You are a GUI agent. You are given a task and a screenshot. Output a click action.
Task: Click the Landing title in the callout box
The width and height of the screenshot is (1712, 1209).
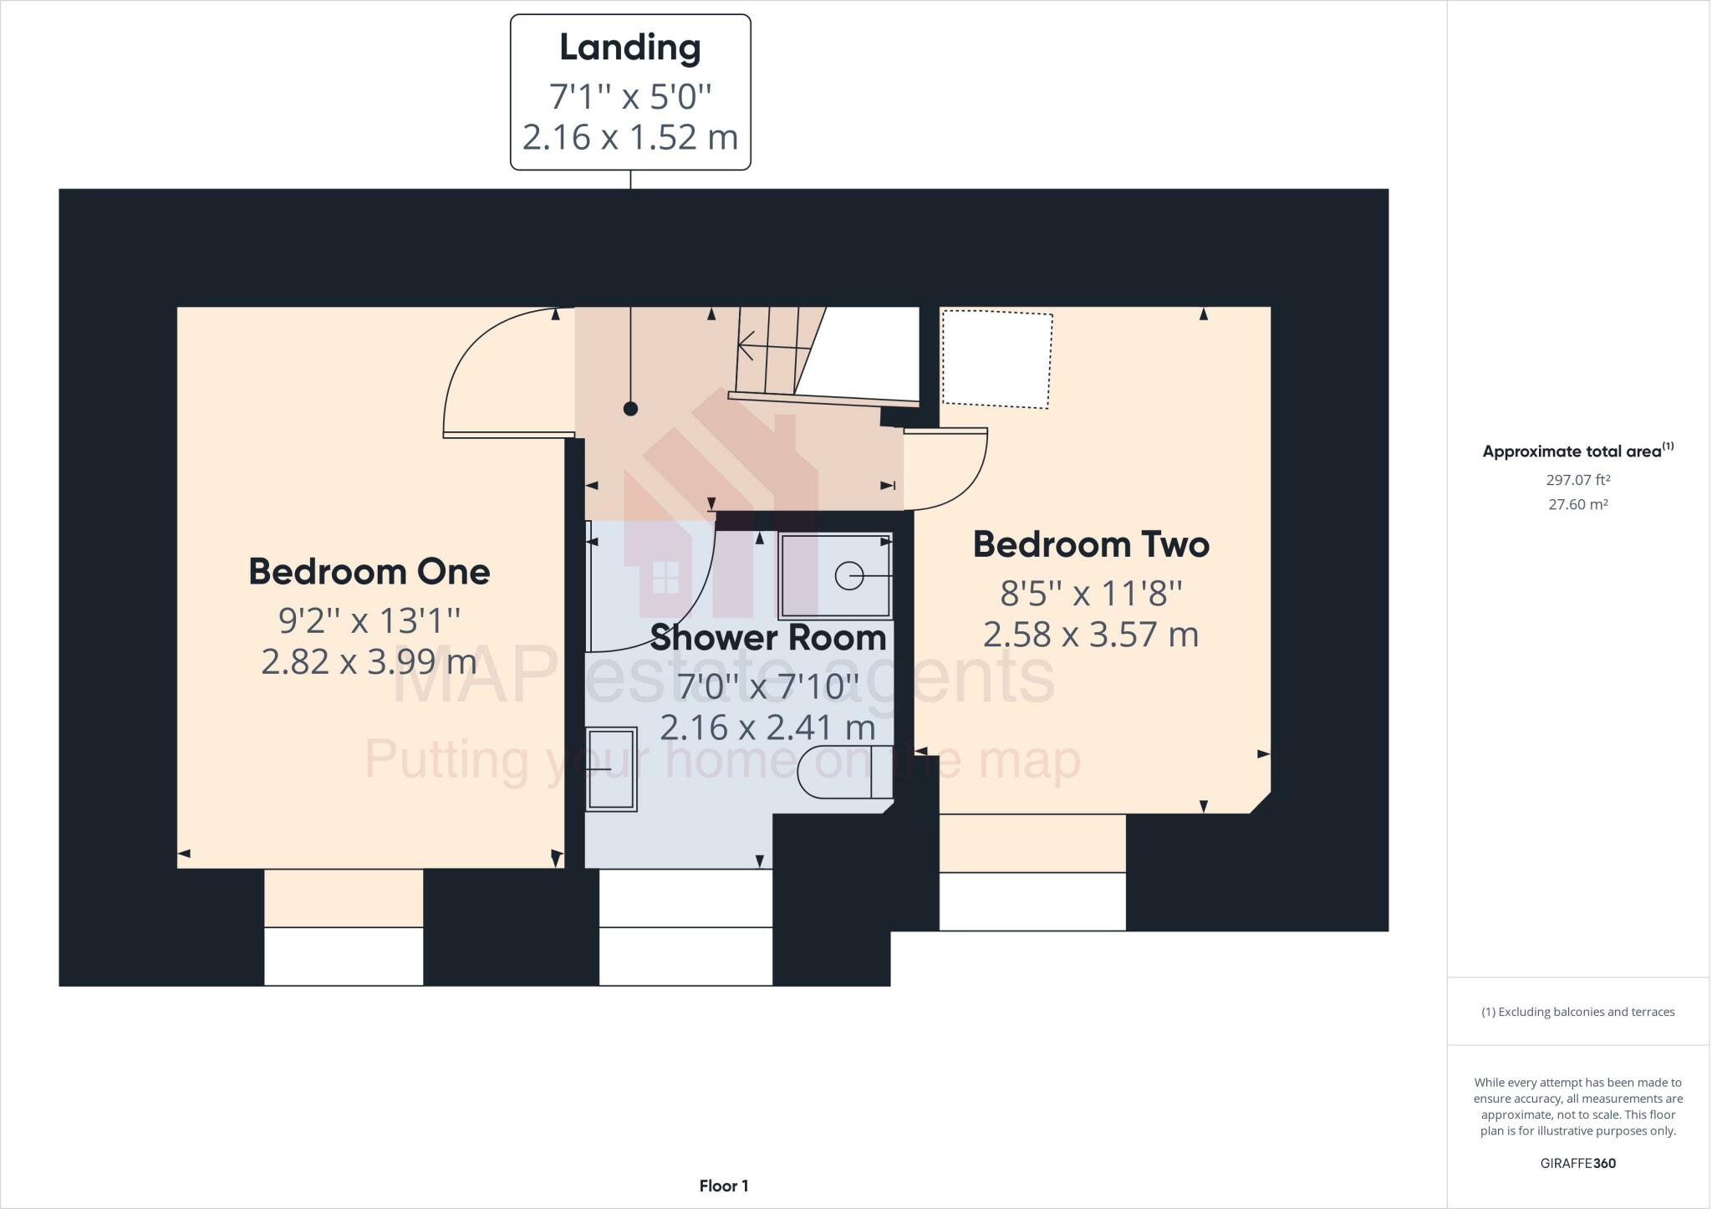(629, 48)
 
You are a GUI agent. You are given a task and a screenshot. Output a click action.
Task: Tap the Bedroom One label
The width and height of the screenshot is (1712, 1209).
(369, 572)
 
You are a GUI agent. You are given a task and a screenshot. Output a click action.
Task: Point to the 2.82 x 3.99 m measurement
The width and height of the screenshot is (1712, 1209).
(369, 662)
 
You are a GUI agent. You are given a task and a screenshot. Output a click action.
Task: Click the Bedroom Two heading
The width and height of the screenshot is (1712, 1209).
(1091, 545)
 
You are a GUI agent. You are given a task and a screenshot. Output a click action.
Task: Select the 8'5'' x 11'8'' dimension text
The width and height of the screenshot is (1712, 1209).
(1091, 594)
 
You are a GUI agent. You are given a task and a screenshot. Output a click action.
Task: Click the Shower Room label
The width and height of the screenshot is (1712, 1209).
(767, 638)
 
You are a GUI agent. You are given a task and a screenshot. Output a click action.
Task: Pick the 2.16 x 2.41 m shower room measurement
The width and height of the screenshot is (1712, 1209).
(767, 727)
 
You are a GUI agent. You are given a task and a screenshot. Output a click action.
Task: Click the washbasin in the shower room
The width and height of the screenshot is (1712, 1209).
(611, 769)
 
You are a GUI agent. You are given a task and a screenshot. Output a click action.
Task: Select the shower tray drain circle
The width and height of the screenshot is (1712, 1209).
(848, 576)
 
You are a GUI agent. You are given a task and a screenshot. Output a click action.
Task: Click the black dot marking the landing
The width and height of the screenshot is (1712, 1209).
(631, 409)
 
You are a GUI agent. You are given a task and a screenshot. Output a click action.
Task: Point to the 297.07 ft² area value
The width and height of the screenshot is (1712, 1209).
(1577, 480)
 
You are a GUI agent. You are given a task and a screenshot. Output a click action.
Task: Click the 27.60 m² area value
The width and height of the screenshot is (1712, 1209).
(1577, 504)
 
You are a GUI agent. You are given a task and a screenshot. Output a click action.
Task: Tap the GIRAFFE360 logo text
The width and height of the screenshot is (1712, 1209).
(1577, 1163)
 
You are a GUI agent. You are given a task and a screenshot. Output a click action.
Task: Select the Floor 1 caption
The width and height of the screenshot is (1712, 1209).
(724, 1186)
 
